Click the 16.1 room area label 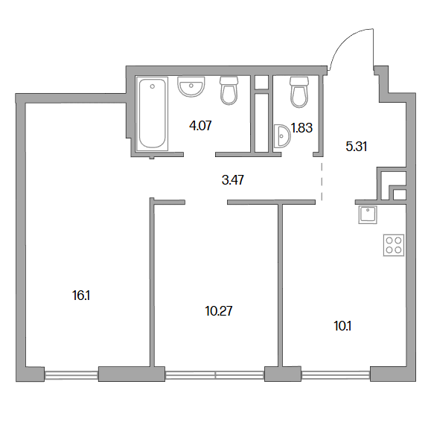click(x=81, y=296)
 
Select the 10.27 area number click(x=219, y=311)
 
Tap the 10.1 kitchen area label click(x=342, y=326)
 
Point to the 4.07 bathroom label click(x=200, y=126)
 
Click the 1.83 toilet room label click(x=301, y=128)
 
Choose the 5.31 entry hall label click(x=357, y=146)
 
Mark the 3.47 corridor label click(x=232, y=180)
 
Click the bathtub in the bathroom click(x=153, y=114)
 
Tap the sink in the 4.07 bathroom click(x=191, y=87)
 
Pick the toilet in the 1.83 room click(x=299, y=92)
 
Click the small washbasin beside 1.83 click(x=282, y=136)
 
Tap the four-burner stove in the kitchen click(x=394, y=245)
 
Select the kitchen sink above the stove click(x=368, y=214)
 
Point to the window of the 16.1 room click(x=71, y=374)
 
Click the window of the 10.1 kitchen click(x=336, y=374)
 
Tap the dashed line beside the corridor click(x=322, y=182)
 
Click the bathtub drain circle click(x=153, y=86)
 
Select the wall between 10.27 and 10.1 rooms click(x=280, y=285)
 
